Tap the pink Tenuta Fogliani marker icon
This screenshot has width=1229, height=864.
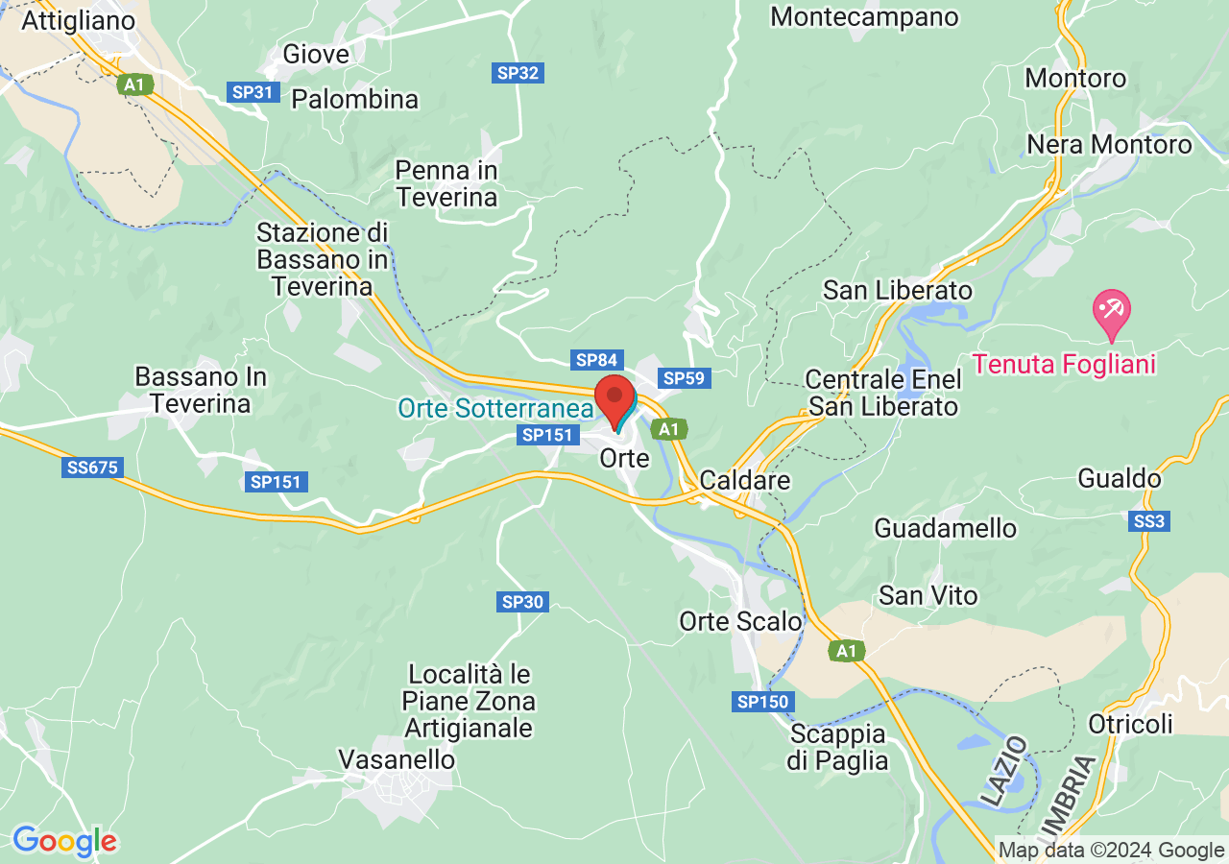tap(1112, 312)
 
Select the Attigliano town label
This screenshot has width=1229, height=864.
tap(79, 20)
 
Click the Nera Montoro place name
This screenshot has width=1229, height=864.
tap(1109, 144)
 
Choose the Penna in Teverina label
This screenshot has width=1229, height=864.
tap(447, 183)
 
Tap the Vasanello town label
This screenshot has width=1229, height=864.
tap(397, 759)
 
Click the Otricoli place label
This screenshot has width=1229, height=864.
tap(1130, 723)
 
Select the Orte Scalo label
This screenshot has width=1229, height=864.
tap(740, 621)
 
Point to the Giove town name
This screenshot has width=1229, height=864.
tap(316, 55)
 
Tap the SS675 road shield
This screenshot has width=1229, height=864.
tap(92, 468)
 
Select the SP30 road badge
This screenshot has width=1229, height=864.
tap(523, 602)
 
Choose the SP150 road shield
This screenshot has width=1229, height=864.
tap(763, 702)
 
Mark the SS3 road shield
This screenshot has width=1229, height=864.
tap(1149, 521)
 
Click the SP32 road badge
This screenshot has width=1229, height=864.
tap(518, 72)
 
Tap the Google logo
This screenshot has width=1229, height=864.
tap(64, 841)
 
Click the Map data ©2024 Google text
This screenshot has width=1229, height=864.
tap(1111, 850)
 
